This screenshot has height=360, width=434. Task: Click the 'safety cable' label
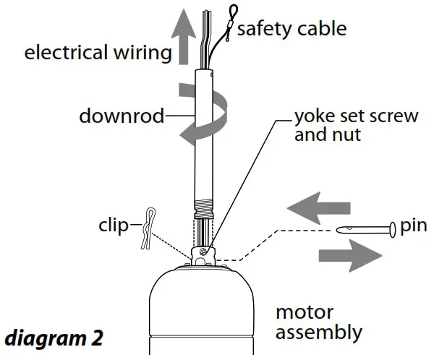[292, 29]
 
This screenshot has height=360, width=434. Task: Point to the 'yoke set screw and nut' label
[356, 124]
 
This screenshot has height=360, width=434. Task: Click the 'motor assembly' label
[318, 323]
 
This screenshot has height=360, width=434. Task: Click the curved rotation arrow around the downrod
[217, 108]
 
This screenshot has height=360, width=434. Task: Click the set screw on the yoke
[205, 251]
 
